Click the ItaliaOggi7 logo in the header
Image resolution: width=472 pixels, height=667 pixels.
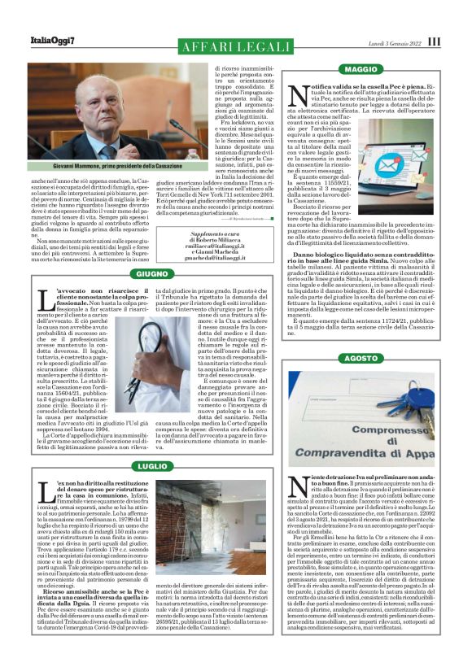click(x=54, y=41)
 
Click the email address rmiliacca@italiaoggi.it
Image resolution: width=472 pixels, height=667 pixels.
click(x=216, y=251)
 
